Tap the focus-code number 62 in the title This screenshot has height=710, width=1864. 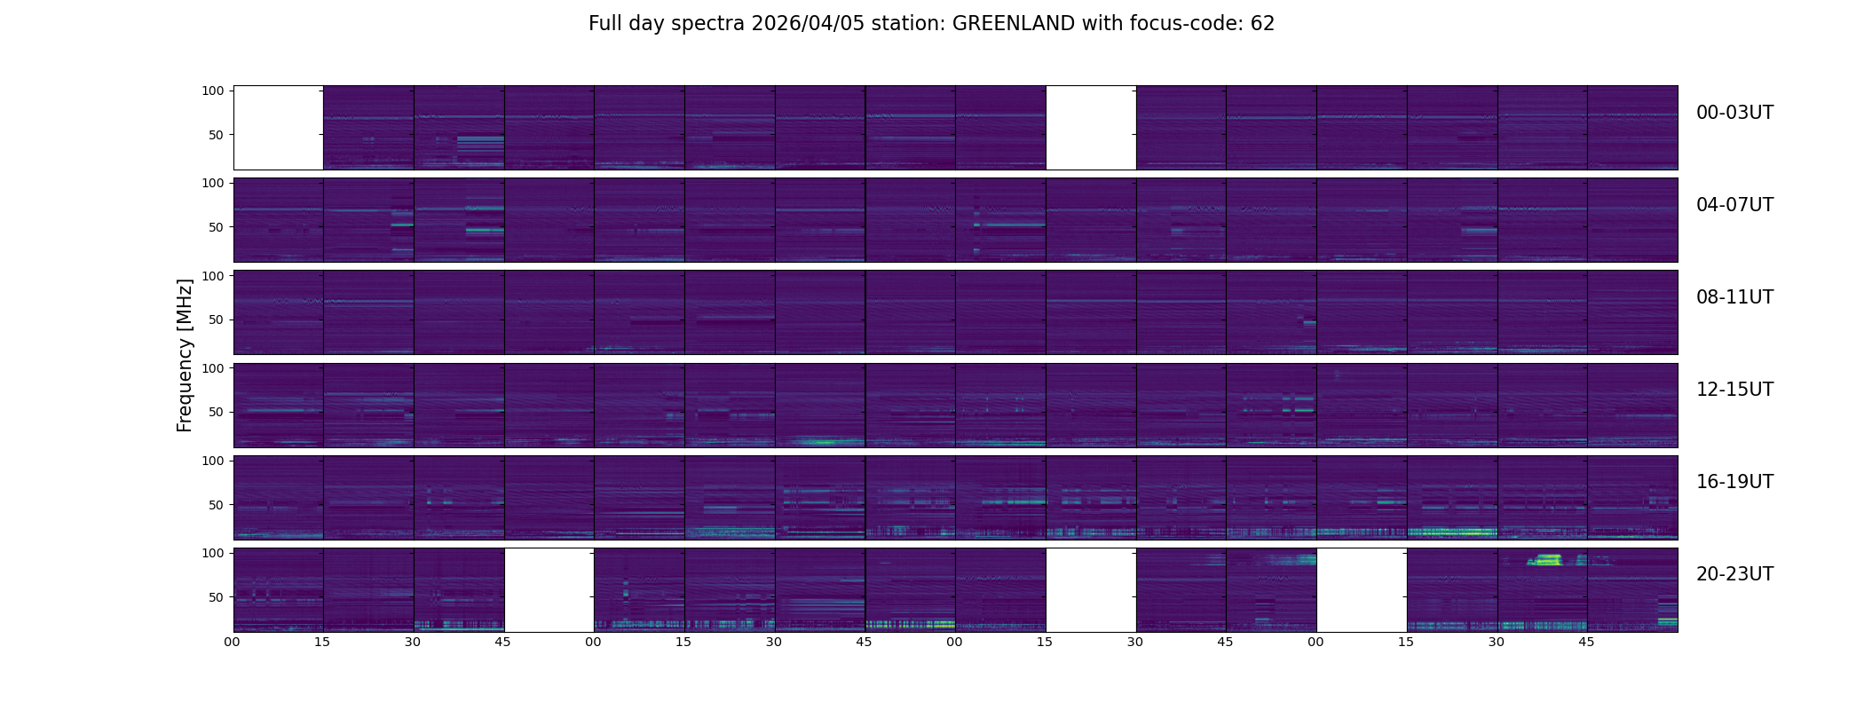[x=1262, y=24]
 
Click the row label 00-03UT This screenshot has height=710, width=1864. [x=1734, y=113]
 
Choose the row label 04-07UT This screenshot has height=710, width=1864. [x=1734, y=205]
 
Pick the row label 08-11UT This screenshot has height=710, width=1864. [x=1734, y=297]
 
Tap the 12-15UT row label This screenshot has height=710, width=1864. [x=1734, y=390]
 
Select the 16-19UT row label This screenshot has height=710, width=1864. [x=1734, y=482]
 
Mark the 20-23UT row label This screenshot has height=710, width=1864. [x=1734, y=574]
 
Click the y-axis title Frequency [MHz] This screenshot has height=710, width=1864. [x=185, y=355]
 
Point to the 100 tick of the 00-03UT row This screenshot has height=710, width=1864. [x=213, y=91]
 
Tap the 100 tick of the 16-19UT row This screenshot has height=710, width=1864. [x=213, y=461]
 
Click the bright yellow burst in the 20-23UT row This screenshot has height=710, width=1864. [x=1545, y=560]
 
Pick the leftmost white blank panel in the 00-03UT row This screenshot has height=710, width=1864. [x=278, y=127]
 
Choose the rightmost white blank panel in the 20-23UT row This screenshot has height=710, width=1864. [x=1361, y=589]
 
